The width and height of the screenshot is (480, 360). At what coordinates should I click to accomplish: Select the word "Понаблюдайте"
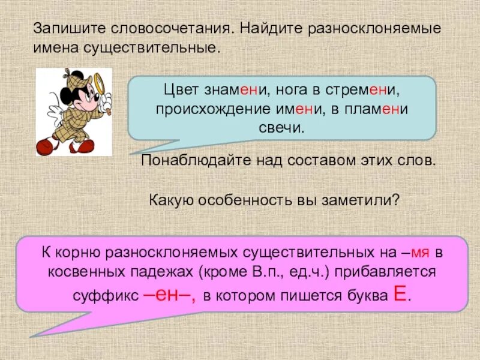(x=190, y=161)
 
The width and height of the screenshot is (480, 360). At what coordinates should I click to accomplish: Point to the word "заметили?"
(x=368, y=200)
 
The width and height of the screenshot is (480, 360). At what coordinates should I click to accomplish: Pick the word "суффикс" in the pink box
(x=100, y=296)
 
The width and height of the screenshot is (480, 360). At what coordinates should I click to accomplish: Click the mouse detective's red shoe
(x=46, y=146)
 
